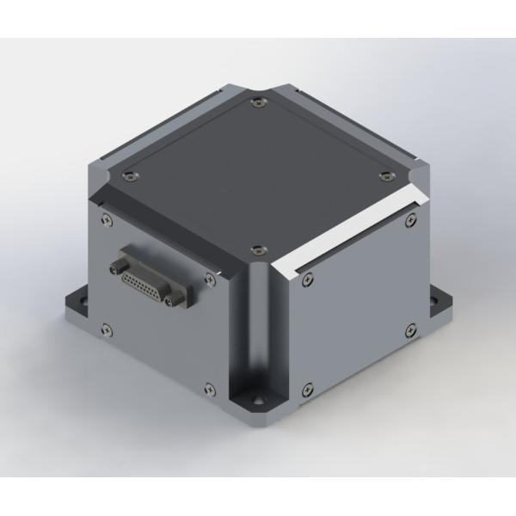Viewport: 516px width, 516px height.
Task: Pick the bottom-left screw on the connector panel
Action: point(106,327)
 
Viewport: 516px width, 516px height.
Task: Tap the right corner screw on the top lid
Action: point(384,175)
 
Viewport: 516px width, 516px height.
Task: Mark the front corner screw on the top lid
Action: point(254,249)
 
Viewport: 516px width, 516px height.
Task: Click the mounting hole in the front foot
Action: point(256,401)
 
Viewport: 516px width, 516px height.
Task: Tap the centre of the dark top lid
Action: point(255,176)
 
